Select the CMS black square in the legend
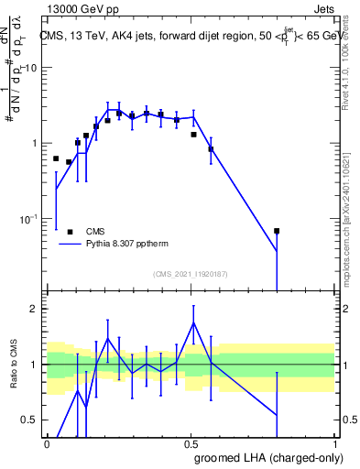point(71,232)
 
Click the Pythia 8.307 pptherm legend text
point(126,245)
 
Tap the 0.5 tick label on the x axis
point(191,443)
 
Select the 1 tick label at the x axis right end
point(335,443)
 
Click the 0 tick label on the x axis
point(47,443)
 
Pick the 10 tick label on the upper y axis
point(30,69)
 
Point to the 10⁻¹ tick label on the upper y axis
point(27,219)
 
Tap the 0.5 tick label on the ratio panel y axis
point(30,420)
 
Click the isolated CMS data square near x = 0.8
point(277,231)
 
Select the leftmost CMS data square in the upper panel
point(56,158)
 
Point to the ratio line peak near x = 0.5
point(193,322)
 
